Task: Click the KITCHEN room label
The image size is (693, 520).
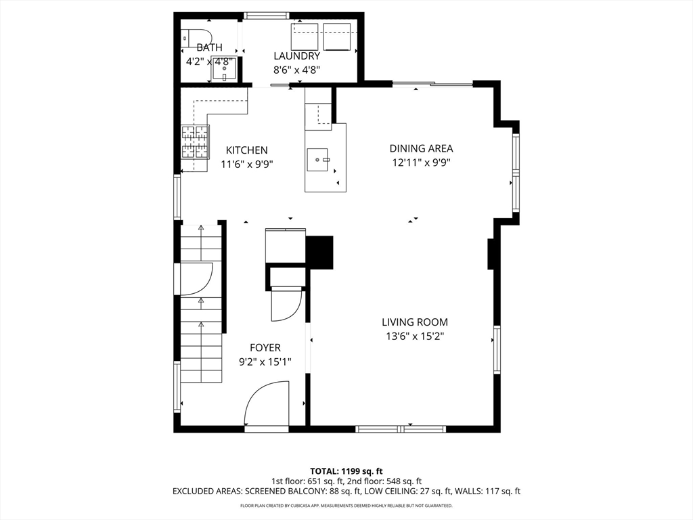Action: pyautogui.click(x=246, y=150)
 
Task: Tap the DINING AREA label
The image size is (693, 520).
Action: pyautogui.click(x=421, y=148)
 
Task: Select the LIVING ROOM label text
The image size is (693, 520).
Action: pyautogui.click(x=415, y=322)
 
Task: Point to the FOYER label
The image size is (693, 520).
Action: pyautogui.click(x=265, y=348)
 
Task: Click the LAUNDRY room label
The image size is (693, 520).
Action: pyautogui.click(x=296, y=56)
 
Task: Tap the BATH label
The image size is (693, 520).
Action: pyautogui.click(x=210, y=47)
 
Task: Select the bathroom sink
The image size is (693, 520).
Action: pyautogui.click(x=225, y=68)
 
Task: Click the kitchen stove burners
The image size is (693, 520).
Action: pyautogui.click(x=195, y=142)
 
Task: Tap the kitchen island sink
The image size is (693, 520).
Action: pyautogui.click(x=317, y=160)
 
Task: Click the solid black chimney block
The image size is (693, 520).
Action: pyautogui.click(x=319, y=253)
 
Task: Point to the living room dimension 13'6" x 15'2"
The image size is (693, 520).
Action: pyautogui.click(x=415, y=337)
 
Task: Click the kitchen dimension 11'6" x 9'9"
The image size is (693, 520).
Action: pyautogui.click(x=247, y=165)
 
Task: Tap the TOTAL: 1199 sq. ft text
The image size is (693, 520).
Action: pyautogui.click(x=346, y=471)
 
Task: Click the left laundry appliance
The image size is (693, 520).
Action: pyautogui.click(x=305, y=37)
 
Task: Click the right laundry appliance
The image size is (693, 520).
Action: pyautogui.click(x=337, y=37)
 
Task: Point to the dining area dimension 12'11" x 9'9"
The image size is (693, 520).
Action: pyautogui.click(x=421, y=162)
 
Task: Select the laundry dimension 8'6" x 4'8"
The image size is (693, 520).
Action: pyautogui.click(x=296, y=70)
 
